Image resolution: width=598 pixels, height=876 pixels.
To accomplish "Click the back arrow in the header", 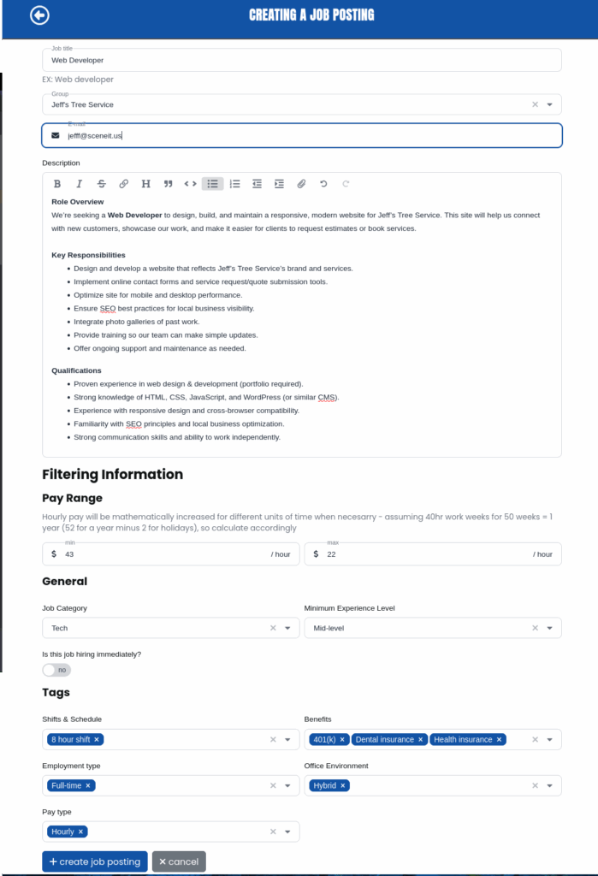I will click(x=39, y=15).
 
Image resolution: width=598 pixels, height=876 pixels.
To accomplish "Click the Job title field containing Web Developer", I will click(x=301, y=61).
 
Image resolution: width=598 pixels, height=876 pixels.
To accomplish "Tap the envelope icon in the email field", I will click(x=56, y=135).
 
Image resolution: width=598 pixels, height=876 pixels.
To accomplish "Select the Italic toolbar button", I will click(x=80, y=184).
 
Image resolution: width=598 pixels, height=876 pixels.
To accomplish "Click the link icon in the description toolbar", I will click(x=124, y=184).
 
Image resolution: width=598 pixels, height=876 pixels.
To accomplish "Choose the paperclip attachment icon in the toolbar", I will click(x=301, y=184).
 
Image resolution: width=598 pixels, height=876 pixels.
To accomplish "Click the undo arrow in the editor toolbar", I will click(x=323, y=184).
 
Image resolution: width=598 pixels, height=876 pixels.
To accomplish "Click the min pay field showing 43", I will click(x=163, y=554).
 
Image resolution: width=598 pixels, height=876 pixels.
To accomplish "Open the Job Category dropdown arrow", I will click(x=287, y=628).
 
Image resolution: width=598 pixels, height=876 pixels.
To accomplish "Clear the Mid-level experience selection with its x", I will click(x=536, y=628).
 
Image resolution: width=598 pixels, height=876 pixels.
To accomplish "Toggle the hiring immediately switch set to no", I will click(x=56, y=670).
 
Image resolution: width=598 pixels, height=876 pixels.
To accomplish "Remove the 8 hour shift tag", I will click(x=97, y=739).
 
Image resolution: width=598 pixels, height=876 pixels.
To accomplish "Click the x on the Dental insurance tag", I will click(x=421, y=739).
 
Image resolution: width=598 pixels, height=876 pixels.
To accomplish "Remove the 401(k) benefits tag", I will click(x=342, y=739).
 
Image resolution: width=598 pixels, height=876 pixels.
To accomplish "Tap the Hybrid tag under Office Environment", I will click(x=325, y=785).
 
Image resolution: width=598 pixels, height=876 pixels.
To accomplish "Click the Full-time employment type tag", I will click(x=67, y=785).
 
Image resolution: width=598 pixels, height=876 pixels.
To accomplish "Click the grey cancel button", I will click(x=179, y=861).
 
